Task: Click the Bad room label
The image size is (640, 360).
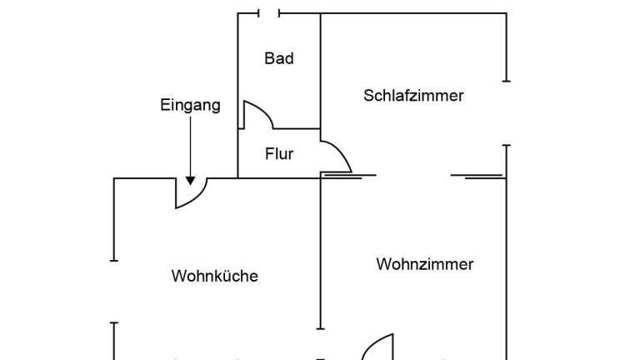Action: click(x=279, y=58)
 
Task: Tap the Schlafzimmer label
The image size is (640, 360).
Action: click(x=413, y=95)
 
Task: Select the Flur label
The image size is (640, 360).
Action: click(x=279, y=154)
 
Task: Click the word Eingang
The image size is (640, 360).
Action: click(x=190, y=105)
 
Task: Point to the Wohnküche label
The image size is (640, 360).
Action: click(x=215, y=276)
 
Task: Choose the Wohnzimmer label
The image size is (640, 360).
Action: click(x=425, y=264)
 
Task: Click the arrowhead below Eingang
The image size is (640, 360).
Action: click(x=191, y=179)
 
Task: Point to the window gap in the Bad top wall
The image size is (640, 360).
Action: click(x=269, y=13)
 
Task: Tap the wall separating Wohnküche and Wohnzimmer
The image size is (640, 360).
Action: click(x=322, y=258)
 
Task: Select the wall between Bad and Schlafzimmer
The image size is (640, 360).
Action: click(x=321, y=71)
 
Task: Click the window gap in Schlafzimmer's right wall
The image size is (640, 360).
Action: click(x=506, y=112)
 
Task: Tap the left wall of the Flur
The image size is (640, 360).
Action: click(x=238, y=154)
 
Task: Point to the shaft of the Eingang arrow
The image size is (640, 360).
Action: click(x=191, y=146)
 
